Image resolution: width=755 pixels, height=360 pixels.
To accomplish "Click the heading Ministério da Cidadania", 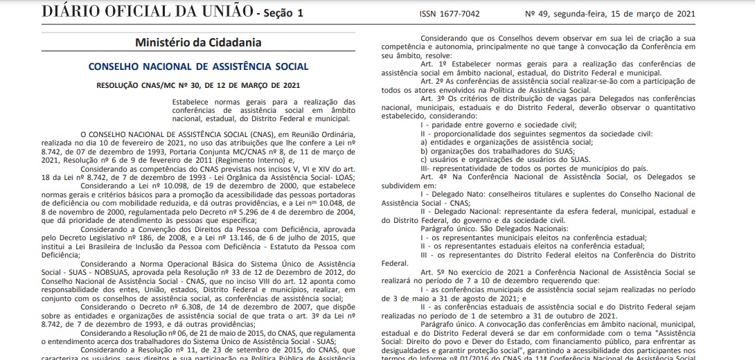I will pos(198,42).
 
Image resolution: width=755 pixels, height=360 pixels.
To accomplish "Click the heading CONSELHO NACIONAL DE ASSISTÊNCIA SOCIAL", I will pos(199,66).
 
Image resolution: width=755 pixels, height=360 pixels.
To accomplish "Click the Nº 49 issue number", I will pos(556,13).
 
